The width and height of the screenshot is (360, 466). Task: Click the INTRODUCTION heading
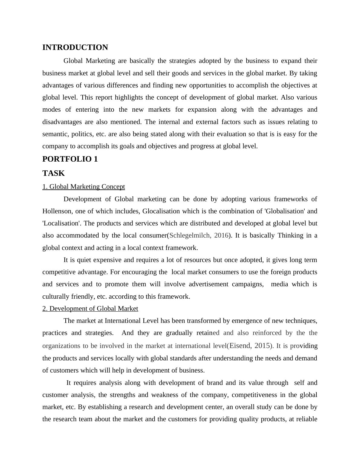(x=75, y=48)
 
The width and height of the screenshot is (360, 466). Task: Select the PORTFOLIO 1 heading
(x=70, y=159)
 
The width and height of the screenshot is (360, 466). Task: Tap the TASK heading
(x=54, y=173)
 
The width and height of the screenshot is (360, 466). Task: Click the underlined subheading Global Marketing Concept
(x=83, y=187)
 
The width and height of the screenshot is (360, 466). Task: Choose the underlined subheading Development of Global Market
(x=90, y=309)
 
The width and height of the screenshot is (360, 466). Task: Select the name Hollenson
(x=57, y=211)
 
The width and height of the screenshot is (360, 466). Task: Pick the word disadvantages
(x=62, y=122)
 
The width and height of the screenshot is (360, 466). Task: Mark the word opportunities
(x=208, y=85)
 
